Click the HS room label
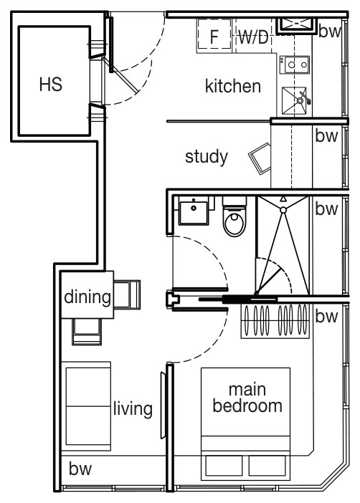click(51, 84)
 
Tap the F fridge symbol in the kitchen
click(214, 34)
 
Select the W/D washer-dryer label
click(253, 37)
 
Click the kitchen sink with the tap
click(295, 100)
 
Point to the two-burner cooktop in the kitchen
click(295, 64)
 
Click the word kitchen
click(233, 86)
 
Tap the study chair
click(260, 158)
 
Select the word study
click(207, 157)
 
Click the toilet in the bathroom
click(235, 216)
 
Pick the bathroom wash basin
click(194, 211)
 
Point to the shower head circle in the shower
click(283, 210)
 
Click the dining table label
click(87, 297)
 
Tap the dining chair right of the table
click(127, 294)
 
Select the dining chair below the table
click(87, 332)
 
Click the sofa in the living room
click(86, 406)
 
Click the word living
click(133, 409)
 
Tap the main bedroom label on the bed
click(247, 398)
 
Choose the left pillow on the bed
click(224, 466)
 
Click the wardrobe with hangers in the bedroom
click(275, 321)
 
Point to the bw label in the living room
click(80, 469)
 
